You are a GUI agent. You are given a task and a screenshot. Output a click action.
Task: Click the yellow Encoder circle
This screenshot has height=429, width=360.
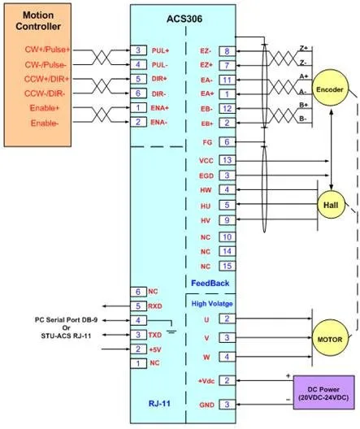point(330,89)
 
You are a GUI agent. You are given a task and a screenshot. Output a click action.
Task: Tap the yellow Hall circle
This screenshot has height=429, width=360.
point(331,205)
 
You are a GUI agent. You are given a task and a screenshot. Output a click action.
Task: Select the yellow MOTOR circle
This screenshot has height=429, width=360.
point(330,340)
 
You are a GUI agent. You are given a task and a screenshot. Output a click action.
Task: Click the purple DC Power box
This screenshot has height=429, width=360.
point(324,392)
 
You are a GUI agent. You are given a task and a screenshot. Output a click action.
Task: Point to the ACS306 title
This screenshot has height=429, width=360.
point(184,19)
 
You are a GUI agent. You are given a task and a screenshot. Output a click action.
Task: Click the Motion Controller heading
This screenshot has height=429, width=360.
point(38,20)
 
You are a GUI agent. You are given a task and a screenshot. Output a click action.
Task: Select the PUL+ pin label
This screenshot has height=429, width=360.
point(160,50)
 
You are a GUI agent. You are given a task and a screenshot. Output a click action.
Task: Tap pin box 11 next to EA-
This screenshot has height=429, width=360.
point(227,80)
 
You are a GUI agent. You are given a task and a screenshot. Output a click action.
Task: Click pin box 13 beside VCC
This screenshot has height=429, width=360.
point(227,160)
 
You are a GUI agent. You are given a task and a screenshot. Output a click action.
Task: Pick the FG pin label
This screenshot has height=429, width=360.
point(207,142)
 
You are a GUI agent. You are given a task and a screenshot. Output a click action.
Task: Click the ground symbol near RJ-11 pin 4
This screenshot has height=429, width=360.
point(171,331)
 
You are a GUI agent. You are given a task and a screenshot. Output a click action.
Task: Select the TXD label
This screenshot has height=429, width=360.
point(155,335)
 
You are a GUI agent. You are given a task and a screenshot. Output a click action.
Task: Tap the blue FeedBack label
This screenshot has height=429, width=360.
point(210,284)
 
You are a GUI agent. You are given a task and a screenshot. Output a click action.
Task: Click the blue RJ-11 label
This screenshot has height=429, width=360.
point(159,403)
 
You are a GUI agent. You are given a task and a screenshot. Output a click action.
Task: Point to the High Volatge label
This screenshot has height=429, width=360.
point(212,304)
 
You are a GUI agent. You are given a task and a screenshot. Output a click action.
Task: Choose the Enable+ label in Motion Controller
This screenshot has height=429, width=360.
point(45,108)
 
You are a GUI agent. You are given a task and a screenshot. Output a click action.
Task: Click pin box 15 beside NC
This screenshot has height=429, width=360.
point(227,266)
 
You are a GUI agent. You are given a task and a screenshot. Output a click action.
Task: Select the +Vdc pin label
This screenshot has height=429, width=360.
point(206,381)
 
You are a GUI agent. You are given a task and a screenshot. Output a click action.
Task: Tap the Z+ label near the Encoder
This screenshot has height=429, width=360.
point(303,48)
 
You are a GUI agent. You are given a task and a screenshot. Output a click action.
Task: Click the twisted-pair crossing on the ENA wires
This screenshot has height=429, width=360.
point(102,115)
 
